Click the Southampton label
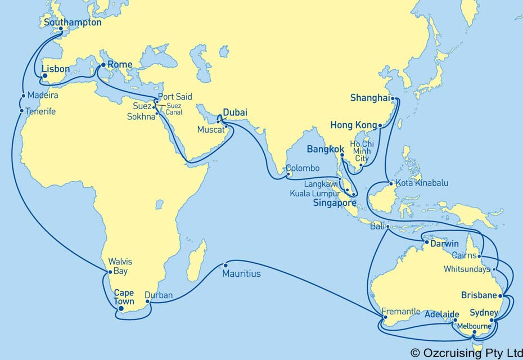pos(72,23)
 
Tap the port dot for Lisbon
pos(44,74)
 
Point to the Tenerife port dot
pos(22,111)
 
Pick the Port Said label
pos(176,97)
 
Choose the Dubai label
pos(235,112)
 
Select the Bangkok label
pos(324,150)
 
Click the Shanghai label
pos(369,98)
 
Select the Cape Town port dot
pos(121,308)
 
